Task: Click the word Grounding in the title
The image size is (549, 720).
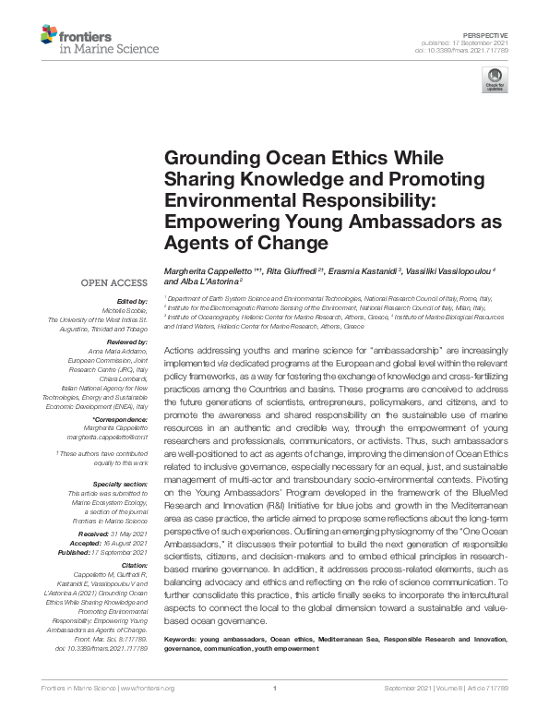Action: [x=211, y=159]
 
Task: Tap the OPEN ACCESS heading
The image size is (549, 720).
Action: [x=115, y=282]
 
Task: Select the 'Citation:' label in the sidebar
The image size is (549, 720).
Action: [x=133, y=562]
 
